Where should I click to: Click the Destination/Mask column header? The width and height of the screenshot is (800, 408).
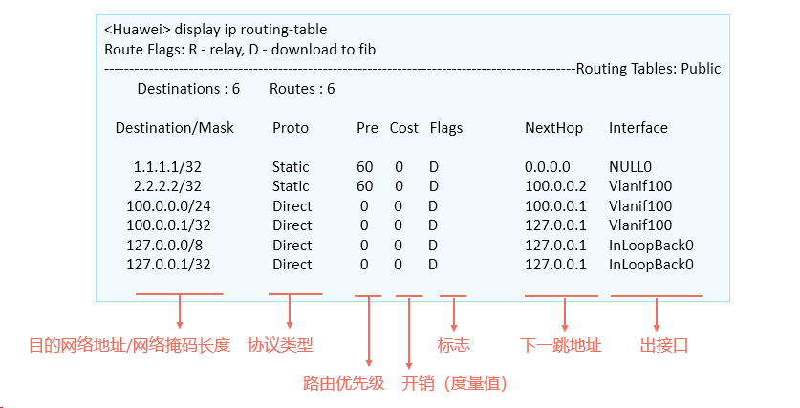(175, 128)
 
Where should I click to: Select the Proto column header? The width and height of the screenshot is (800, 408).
(291, 128)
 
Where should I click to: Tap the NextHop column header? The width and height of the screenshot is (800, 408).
(553, 128)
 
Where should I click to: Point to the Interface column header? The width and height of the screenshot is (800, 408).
(638, 127)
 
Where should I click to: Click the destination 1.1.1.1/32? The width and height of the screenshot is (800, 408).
(167, 167)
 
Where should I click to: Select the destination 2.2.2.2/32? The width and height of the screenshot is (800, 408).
(167, 186)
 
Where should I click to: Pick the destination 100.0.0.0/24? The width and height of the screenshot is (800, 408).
(168, 206)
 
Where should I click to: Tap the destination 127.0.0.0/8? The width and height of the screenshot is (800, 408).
(164, 246)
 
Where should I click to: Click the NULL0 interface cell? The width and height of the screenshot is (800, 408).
(630, 167)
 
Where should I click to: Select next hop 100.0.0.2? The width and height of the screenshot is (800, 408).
(555, 186)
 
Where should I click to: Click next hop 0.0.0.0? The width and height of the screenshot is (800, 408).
(548, 167)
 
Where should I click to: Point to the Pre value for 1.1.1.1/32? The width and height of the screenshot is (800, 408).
(365, 167)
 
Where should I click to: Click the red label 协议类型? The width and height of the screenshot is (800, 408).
(280, 345)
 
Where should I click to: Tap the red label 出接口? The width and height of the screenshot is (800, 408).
(663, 345)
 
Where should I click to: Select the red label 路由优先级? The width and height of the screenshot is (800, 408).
(343, 383)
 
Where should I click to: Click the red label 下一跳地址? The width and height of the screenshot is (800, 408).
(561, 345)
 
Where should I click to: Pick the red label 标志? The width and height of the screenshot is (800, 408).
(454, 345)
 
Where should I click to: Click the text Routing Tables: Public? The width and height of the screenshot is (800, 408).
(648, 69)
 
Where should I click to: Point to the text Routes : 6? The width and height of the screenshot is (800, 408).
(302, 89)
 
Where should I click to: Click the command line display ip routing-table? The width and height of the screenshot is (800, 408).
(250, 30)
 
